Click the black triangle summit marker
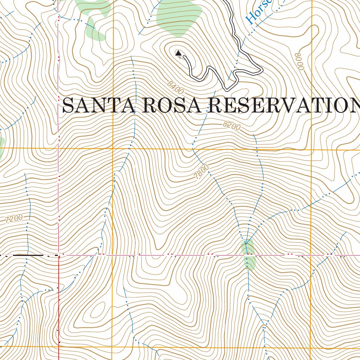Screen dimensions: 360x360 [178, 53]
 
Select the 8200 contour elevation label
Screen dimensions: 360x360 [232, 126]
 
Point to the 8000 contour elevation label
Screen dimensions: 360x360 [299, 61]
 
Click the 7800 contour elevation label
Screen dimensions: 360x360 [201, 172]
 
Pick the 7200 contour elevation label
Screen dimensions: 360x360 [14, 219]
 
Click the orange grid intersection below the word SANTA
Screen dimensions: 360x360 [113, 149]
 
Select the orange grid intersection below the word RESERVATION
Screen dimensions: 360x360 [311, 150]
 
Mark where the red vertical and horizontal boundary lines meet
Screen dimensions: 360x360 [59, 255]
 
